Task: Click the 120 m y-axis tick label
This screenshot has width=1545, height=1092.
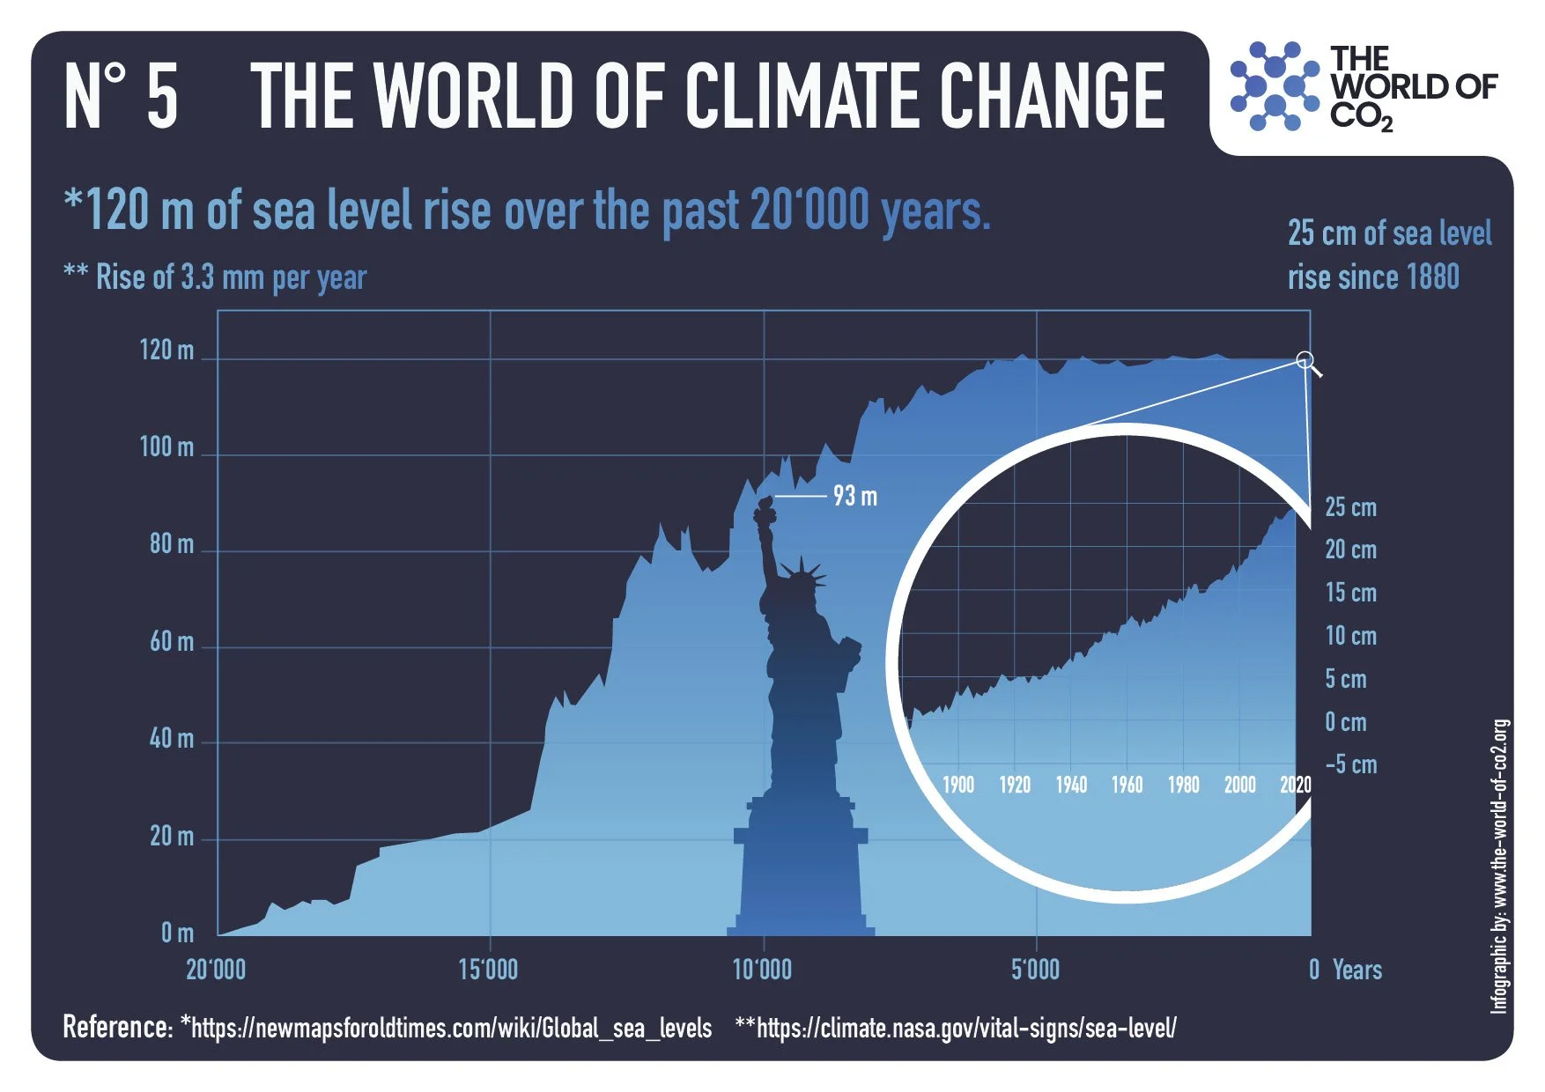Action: (x=166, y=350)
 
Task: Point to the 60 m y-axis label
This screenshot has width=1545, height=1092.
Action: (x=171, y=641)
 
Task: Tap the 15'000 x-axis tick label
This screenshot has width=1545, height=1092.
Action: (x=488, y=970)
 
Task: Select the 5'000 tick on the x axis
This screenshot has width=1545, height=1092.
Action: (x=1035, y=970)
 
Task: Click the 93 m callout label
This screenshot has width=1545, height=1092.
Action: (x=854, y=497)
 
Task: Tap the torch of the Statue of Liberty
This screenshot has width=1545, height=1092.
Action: (x=764, y=510)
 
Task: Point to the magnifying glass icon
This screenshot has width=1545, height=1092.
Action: (x=1307, y=362)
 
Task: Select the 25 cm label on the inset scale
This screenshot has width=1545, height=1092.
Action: (x=1350, y=507)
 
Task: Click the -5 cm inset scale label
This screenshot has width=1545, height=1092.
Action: (x=1350, y=764)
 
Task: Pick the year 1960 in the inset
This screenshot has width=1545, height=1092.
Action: (x=1127, y=785)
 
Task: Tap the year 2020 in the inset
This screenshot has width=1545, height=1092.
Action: (x=1295, y=785)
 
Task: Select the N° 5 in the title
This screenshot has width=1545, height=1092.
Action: (x=122, y=97)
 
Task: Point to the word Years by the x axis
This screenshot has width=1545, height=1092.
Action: (x=1356, y=970)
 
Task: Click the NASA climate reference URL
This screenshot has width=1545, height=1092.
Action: (x=965, y=1028)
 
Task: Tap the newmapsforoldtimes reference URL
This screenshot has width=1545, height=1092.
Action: (x=451, y=1028)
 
